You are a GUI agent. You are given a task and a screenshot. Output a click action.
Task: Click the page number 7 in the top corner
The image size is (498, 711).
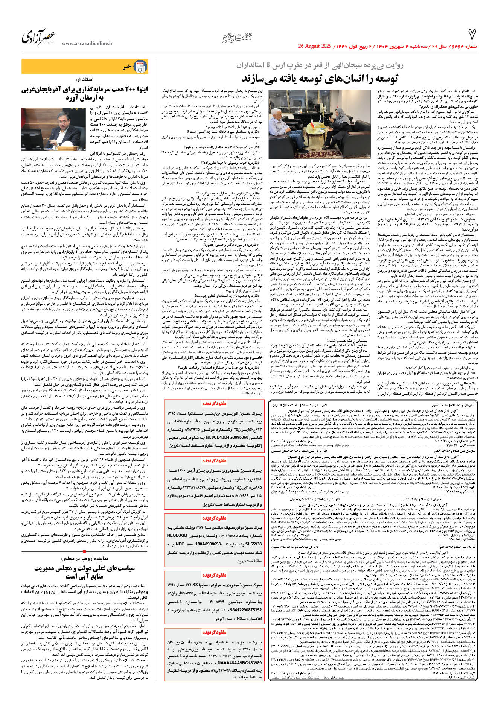[472, 35]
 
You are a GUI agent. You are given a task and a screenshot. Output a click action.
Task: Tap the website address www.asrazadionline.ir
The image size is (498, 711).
[87, 44]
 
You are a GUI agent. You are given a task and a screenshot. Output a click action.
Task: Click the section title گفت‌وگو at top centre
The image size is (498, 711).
[237, 37]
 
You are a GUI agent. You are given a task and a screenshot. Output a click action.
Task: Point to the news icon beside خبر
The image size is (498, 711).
[141, 67]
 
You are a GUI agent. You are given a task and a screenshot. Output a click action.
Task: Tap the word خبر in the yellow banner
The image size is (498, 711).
[127, 67]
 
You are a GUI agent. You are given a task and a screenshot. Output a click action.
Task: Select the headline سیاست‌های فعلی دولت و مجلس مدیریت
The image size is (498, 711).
[85, 568]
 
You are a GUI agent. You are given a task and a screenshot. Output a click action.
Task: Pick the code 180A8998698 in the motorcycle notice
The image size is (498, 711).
[203, 544]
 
